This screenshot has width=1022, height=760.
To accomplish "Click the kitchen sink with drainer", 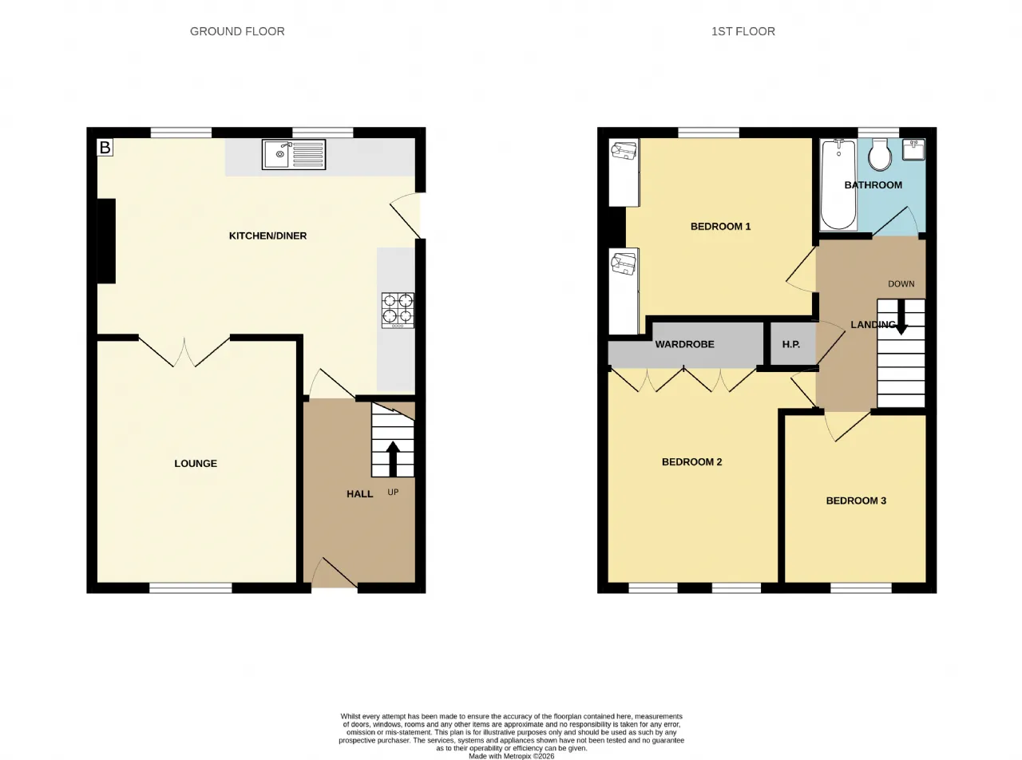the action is tap(294, 154).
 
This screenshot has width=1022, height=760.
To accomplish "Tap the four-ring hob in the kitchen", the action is tap(398, 311).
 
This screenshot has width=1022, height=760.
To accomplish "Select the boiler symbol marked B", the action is tap(105, 148).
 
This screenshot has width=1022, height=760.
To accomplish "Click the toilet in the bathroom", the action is tap(880, 154).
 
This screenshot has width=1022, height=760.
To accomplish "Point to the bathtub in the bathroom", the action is tap(838, 184).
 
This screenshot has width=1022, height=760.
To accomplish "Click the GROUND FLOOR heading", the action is tap(237, 31).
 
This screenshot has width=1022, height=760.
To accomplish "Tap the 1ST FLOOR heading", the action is tap(743, 31).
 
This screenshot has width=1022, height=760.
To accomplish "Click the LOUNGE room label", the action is tap(196, 464).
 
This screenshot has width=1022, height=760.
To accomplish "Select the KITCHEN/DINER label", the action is tap(267, 236).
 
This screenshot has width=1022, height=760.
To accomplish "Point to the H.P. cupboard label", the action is tap(790, 344).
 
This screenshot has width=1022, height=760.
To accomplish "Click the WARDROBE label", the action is tap(685, 344).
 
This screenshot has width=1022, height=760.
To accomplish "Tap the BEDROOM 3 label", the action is tap(856, 501).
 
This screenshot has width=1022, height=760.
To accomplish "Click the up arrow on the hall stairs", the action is tap(393, 458).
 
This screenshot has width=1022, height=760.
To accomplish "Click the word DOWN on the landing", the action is tap(901, 284).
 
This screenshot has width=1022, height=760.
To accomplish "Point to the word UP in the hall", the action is tap(393, 493).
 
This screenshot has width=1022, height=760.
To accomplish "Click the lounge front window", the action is tap(190, 588).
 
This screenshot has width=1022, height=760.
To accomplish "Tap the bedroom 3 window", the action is tap(862, 588).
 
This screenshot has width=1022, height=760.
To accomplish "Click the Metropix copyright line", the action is tap(512, 756).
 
